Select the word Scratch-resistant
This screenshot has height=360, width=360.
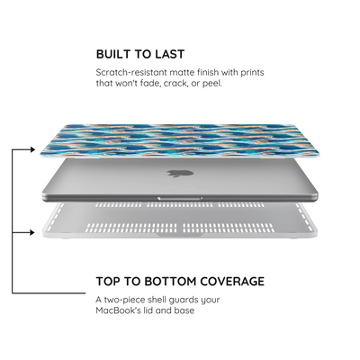point(131,72)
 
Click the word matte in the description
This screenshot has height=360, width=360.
point(183,72)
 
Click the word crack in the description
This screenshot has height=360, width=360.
point(175,83)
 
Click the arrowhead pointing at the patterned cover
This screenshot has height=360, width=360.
point(32,149)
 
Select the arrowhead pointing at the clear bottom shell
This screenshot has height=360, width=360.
point(32,232)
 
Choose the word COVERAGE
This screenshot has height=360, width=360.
point(232,282)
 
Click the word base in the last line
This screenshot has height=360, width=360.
point(184,310)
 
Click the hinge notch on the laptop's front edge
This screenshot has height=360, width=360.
point(180,198)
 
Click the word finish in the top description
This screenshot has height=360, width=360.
point(210,72)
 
